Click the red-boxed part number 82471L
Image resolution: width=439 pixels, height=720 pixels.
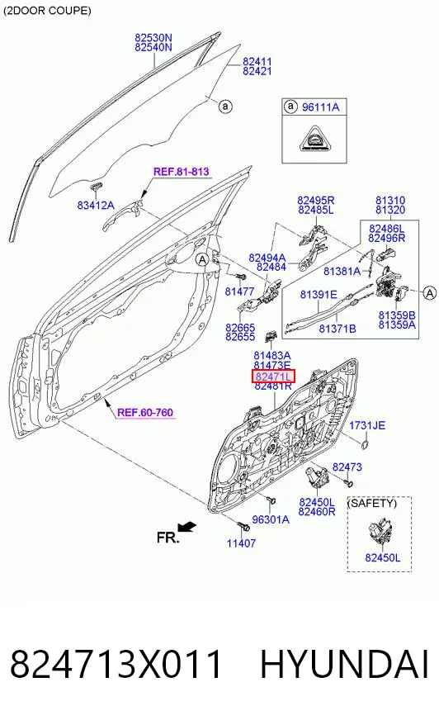pos(273,377)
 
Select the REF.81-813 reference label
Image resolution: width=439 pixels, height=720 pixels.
pos(182,172)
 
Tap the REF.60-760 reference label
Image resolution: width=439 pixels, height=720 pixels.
pos(145,412)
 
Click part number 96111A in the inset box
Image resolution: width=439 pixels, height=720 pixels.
pos(321,107)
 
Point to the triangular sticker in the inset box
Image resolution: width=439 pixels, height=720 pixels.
pos(315,138)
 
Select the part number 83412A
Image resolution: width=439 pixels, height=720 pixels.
pos(96,206)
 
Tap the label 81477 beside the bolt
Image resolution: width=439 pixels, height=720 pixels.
pos(239,291)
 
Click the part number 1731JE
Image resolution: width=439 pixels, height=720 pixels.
pos(367,426)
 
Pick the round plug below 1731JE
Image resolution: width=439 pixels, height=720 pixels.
pos(365,443)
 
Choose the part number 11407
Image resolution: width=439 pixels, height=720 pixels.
pos(241,543)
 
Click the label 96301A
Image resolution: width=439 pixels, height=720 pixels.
pos(271,519)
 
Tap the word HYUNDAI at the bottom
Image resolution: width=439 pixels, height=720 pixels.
pos(345,664)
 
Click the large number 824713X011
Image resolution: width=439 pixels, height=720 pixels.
pos(116,664)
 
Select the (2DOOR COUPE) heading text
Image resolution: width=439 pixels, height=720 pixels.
pos(47,10)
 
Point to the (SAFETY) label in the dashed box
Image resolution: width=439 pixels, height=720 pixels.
pos(371,504)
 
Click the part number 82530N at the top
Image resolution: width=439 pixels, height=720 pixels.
pos(153,37)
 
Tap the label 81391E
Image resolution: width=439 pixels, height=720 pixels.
pos(319,294)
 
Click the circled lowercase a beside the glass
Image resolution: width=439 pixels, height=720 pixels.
pos(225,107)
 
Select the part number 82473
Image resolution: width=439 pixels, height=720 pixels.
pos(347,467)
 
